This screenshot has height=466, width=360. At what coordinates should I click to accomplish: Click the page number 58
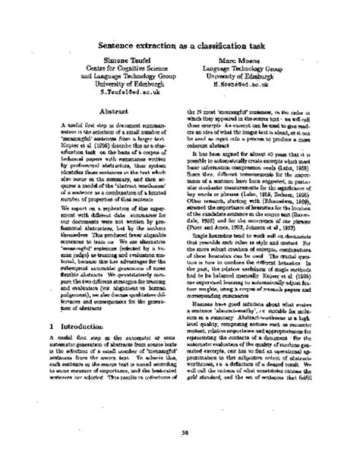pos(179,433)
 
